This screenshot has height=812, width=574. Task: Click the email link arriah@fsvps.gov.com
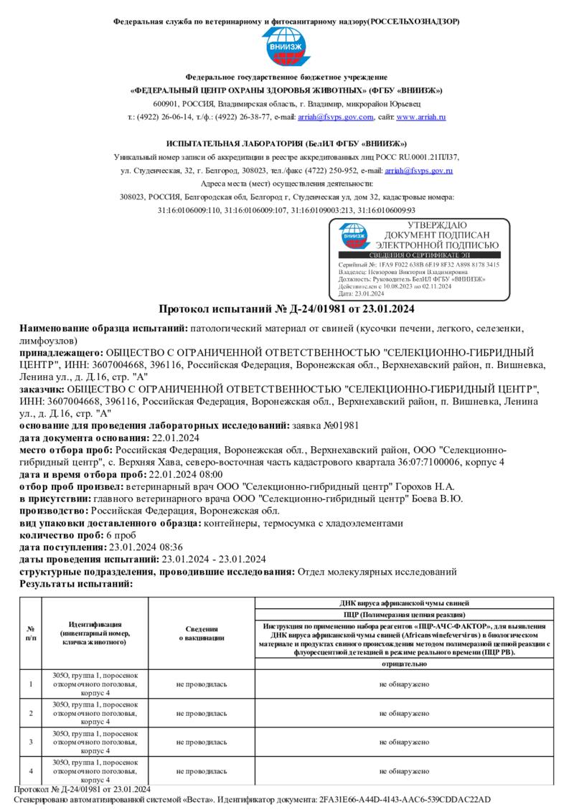tap(337, 116)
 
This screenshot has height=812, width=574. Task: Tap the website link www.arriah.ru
tap(421, 116)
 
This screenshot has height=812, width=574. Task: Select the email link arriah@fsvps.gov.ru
tap(418, 171)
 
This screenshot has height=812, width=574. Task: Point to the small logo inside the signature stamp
tap(354, 235)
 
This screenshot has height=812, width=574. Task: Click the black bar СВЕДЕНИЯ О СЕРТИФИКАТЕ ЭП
tap(419, 255)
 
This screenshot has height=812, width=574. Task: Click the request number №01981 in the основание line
tap(336, 425)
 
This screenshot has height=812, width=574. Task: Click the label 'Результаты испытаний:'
tap(76, 584)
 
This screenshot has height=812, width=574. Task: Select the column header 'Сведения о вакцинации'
tap(202, 633)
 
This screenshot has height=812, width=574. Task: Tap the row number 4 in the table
tap(31, 770)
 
